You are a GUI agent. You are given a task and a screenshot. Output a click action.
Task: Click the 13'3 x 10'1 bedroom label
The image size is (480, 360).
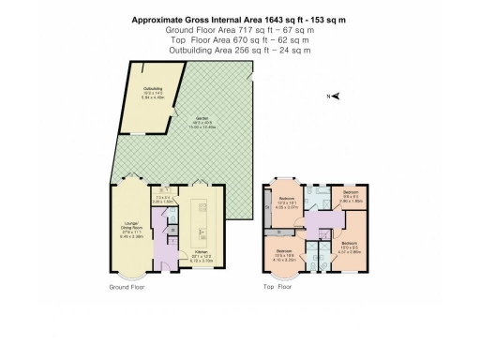(x=288, y=201)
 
